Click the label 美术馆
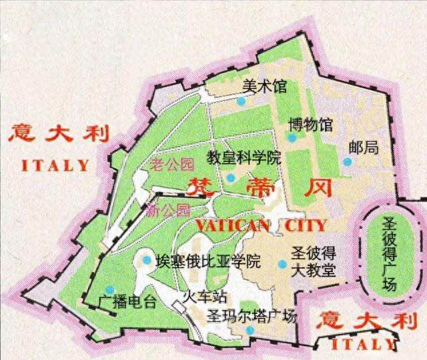(254, 85)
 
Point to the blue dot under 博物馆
(292, 137)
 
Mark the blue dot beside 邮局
(346, 161)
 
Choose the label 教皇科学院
(244, 158)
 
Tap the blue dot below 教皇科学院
(230, 177)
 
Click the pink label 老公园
(171, 163)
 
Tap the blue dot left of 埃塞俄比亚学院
(147, 261)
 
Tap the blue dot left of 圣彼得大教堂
(282, 264)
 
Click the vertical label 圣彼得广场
(390, 254)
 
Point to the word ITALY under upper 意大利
(55, 165)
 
